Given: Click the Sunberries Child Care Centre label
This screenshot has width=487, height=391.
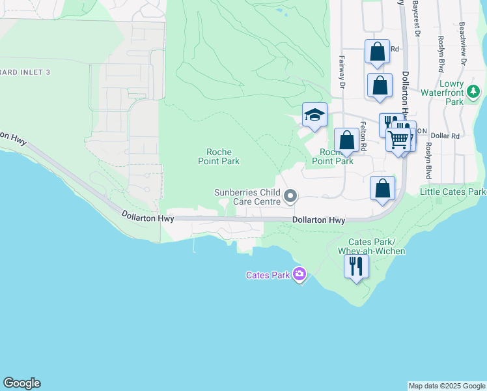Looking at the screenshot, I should click(247, 197).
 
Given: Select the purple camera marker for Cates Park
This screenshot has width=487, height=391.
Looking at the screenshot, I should click(299, 274).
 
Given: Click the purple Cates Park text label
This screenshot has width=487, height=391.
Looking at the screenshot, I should click(267, 275).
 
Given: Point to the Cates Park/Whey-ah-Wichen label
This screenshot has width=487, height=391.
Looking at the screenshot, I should click(372, 246).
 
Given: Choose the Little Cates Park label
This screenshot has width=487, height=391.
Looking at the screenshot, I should click(453, 192).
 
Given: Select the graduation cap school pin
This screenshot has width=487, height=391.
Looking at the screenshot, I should click(315, 115).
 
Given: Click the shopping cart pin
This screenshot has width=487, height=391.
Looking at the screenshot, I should click(398, 139).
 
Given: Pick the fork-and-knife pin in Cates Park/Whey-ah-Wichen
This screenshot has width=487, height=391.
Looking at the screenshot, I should click(355, 266).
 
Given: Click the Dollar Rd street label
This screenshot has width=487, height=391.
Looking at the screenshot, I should click(446, 136).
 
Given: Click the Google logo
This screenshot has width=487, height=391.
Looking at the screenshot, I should click(21, 383).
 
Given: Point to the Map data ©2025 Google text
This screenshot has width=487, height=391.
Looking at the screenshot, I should click(447, 386).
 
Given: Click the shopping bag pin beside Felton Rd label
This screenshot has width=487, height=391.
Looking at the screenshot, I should click(346, 140).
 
